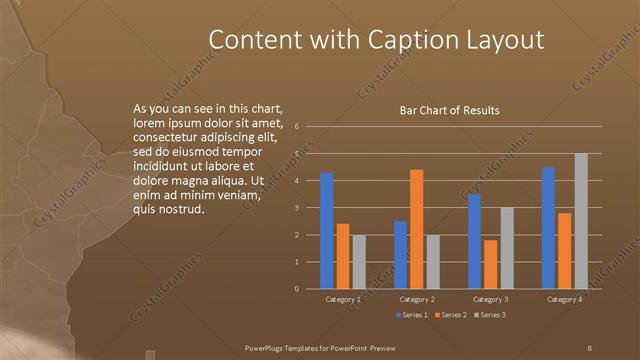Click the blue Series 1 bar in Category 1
(x=327, y=230)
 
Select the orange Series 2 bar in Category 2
(x=416, y=229)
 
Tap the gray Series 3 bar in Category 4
(x=581, y=221)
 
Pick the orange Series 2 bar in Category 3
(x=490, y=264)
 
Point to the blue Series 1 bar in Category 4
(x=548, y=228)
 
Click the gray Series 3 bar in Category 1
(x=359, y=262)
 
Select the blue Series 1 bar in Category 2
(x=400, y=255)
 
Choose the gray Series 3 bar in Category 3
(x=506, y=248)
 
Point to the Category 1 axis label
(x=343, y=299)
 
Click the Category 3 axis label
(x=490, y=299)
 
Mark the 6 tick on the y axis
(x=297, y=127)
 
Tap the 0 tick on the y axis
(x=297, y=288)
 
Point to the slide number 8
(x=589, y=347)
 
